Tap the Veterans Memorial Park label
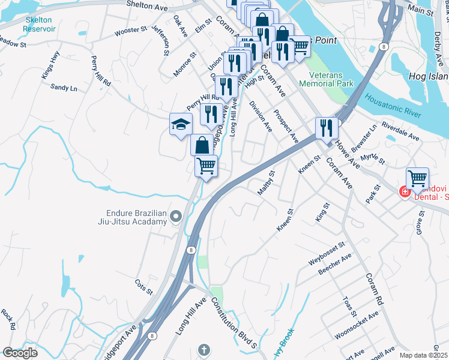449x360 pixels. [331, 80]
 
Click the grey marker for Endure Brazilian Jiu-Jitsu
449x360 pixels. [176, 216]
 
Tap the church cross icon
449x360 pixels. [204, 349]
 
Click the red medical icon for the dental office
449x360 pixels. [405, 192]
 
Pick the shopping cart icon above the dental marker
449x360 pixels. [417, 178]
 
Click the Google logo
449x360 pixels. [20, 353]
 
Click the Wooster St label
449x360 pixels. [131, 29]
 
